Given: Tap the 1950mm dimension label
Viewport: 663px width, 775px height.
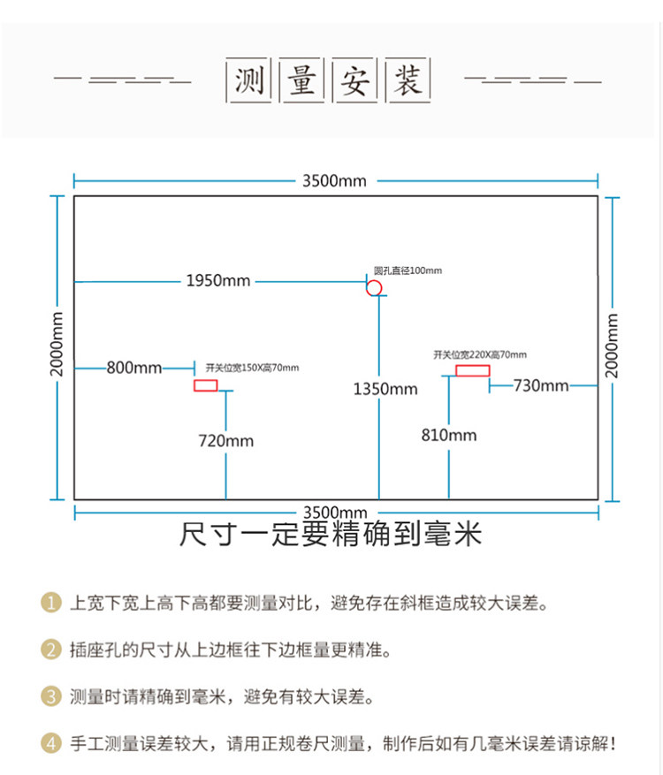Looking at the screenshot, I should tap(217, 281).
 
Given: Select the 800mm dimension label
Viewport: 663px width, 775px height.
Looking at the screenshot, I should tap(134, 367).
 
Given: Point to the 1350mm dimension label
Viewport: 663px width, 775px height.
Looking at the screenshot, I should tap(385, 389).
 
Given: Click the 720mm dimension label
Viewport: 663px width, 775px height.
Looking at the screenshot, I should tap(226, 440).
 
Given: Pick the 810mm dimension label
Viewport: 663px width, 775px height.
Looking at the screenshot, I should tap(449, 434).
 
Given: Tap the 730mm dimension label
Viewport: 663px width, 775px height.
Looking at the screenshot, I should tap(541, 385).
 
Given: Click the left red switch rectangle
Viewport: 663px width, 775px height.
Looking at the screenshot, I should tap(206, 385).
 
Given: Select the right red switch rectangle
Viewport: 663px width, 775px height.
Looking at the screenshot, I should tap(473, 370).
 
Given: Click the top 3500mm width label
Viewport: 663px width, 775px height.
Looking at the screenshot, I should tap(333, 181).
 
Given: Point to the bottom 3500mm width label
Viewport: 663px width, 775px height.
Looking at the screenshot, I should tap(334, 513).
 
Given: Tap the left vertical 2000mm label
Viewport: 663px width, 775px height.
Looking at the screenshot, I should tap(57, 345).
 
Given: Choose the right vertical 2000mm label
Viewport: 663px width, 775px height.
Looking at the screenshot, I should tap(613, 345).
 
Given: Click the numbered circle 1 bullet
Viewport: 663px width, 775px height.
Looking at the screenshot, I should tap(51, 604).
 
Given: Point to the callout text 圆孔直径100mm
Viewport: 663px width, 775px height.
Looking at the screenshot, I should tap(407, 270).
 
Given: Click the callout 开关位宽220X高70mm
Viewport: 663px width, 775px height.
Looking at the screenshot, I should tap(479, 354).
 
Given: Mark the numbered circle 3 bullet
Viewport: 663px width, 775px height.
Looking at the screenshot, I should tap(51, 696).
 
